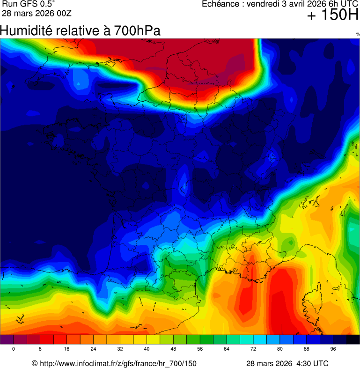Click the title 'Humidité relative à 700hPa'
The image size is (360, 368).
coord(81,31)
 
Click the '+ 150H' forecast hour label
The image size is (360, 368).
coord(332,16)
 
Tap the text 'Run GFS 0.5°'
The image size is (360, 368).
coord(28,4)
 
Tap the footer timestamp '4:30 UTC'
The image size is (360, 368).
coord(311,363)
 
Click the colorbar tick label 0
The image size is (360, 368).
coord(14,349)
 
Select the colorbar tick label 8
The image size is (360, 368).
coord(40,349)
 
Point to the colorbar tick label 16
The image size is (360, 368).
coord(67,349)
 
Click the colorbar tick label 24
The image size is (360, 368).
coord(94,349)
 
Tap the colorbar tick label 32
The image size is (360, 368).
coord(120,349)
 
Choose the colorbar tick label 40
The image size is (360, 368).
coord(147,349)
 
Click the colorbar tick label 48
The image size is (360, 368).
coord(173,349)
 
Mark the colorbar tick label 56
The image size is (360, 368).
coord(200,349)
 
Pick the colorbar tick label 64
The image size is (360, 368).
coord(227,349)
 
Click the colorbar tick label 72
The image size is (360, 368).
coord(253,349)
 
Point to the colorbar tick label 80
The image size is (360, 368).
coord(280,349)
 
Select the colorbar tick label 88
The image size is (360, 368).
coord(307,349)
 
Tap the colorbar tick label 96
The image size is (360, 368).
coord(333,349)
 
